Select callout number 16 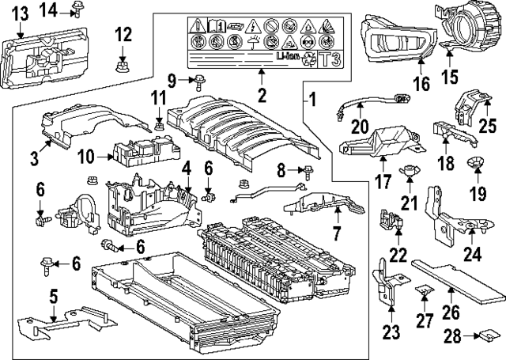click(420, 83)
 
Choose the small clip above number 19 click(477, 163)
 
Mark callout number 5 click(54, 298)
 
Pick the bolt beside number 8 click(304, 169)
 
